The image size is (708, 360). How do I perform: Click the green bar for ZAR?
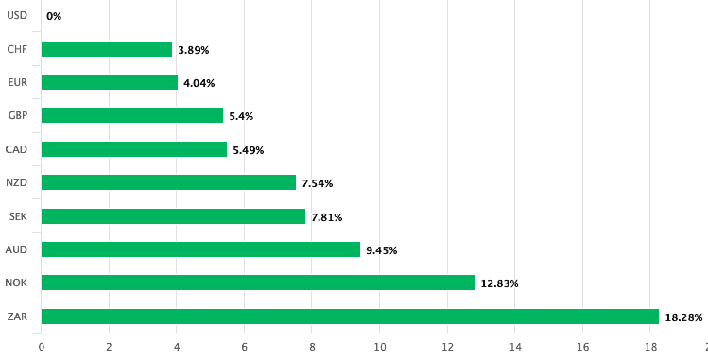(x=350, y=317)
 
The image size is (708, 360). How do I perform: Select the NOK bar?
(x=257, y=283)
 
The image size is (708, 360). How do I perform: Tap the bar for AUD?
(x=200, y=249)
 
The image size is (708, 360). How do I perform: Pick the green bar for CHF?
(x=107, y=49)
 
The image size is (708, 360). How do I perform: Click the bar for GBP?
(x=132, y=115)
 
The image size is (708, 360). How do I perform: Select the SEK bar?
(x=173, y=216)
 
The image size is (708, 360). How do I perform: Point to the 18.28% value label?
(x=683, y=317)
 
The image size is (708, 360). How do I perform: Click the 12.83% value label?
(x=499, y=283)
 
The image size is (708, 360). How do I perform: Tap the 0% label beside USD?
(x=54, y=16)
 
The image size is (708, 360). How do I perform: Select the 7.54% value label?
(x=317, y=183)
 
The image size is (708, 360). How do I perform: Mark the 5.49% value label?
(x=248, y=150)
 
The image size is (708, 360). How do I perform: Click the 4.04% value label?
(x=199, y=83)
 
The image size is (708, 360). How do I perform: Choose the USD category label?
(x=17, y=15)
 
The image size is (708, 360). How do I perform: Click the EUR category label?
(x=17, y=82)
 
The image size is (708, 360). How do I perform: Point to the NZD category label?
(x=16, y=182)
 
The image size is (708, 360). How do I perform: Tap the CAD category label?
(x=16, y=149)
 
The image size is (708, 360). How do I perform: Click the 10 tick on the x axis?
(x=380, y=346)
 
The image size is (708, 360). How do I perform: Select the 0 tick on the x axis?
(x=42, y=346)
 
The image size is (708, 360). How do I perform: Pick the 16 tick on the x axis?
(x=583, y=346)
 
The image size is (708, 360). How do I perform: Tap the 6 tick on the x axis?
(x=245, y=346)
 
